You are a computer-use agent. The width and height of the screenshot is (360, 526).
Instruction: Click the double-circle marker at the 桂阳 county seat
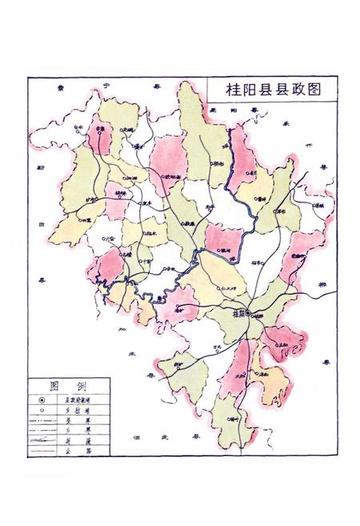249,312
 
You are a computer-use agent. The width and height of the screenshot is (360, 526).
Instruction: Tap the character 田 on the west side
41,225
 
